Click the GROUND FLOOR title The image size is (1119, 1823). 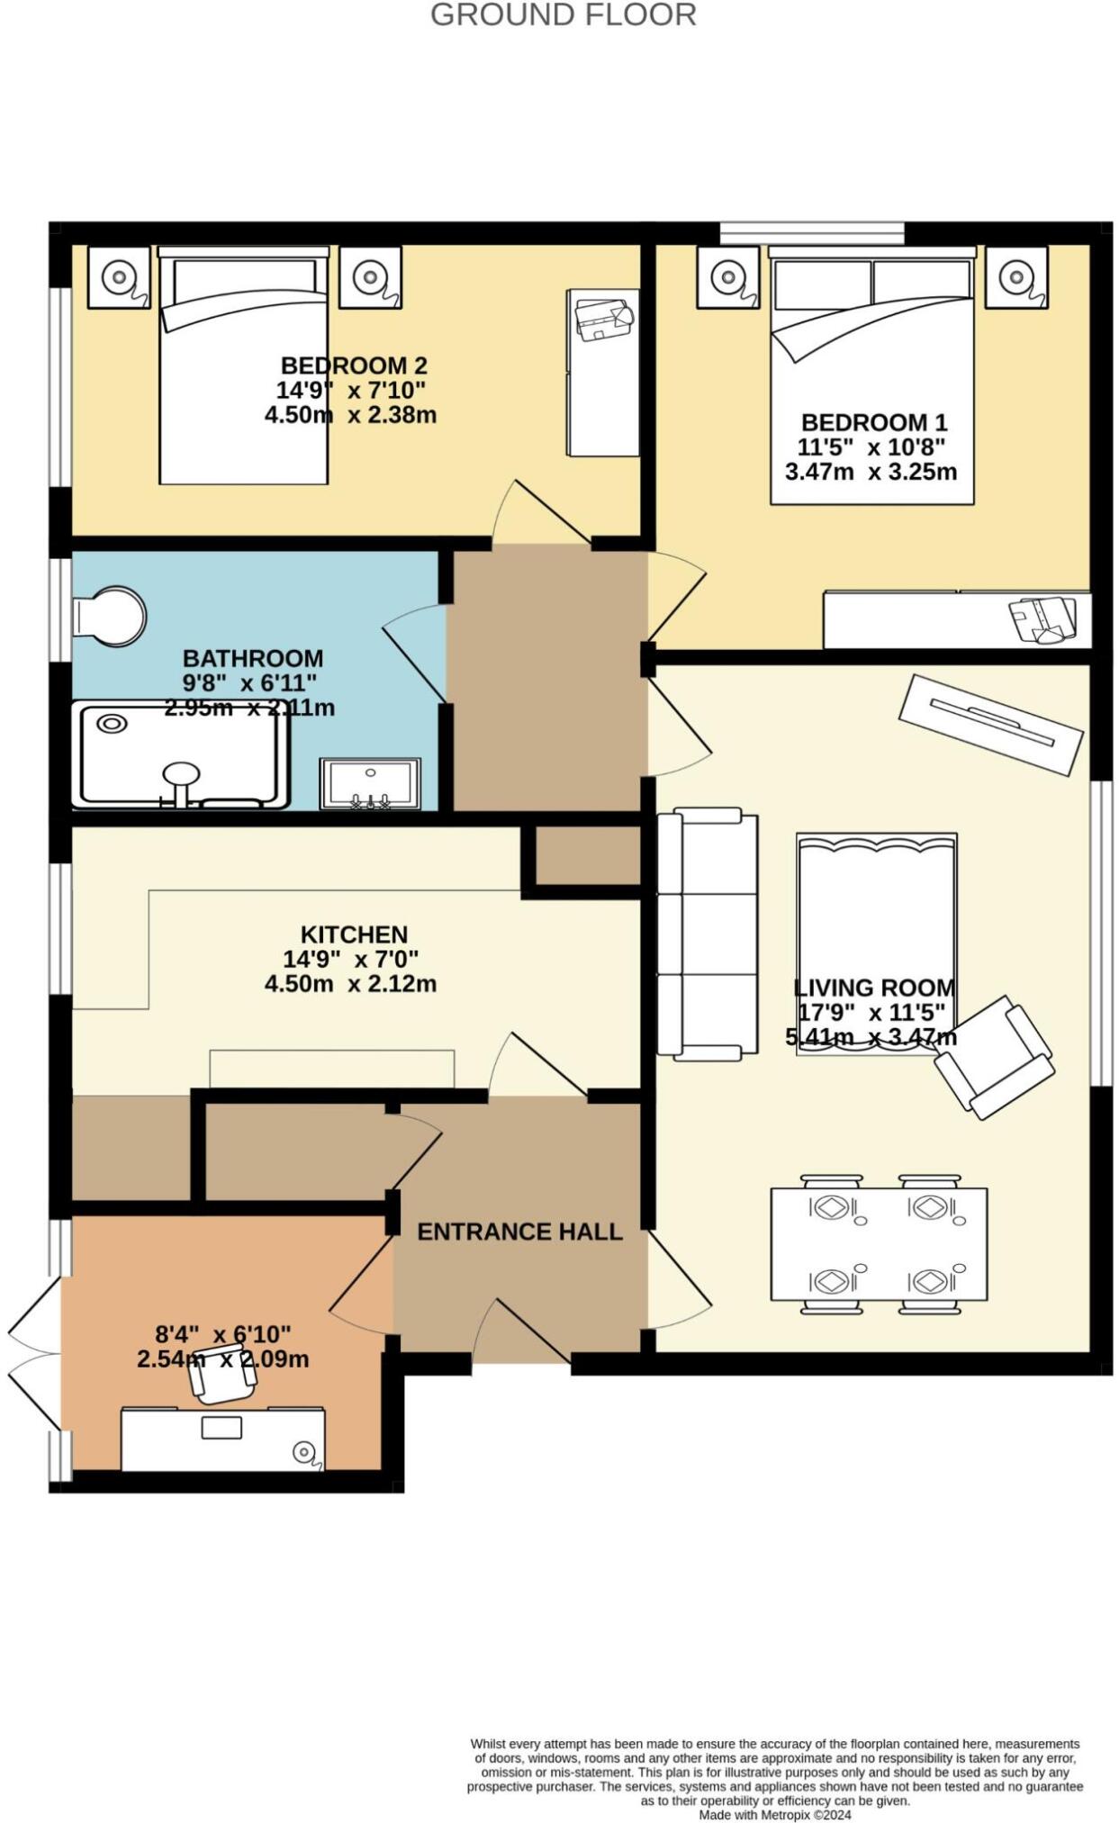pyautogui.click(x=563, y=15)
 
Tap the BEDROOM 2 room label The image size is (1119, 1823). pyautogui.click(x=354, y=366)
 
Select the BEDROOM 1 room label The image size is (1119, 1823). pyautogui.click(x=873, y=422)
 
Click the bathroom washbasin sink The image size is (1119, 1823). pyautogui.click(x=370, y=784)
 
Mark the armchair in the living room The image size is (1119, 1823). pyautogui.click(x=994, y=1057)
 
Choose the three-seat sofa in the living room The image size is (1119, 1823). pyautogui.click(x=706, y=933)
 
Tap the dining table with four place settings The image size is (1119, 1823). pyautogui.click(x=879, y=1243)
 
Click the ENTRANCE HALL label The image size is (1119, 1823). pyautogui.click(x=519, y=1232)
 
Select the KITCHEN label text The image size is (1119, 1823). pyautogui.click(x=354, y=934)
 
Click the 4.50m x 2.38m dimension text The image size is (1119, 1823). pyautogui.click(x=350, y=415)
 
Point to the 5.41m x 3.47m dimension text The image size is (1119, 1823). pyautogui.click(x=871, y=1037)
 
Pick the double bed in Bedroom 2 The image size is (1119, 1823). pyautogui.click(x=243, y=369)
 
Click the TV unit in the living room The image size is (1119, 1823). pyautogui.click(x=990, y=725)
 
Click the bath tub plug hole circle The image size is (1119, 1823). pyautogui.click(x=113, y=723)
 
